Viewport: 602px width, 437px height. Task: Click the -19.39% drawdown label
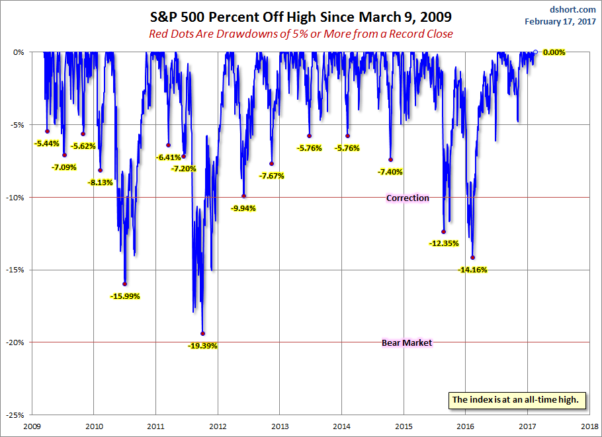click(202, 346)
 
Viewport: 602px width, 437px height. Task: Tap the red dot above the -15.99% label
click(125, 284)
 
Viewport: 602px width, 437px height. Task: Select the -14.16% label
click(472, 270)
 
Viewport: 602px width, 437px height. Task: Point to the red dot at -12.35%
click(443, 231)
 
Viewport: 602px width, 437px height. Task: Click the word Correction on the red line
click(408, 198)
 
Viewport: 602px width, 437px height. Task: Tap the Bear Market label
click(407, 342)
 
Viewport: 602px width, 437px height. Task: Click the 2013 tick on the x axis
click(280, 426)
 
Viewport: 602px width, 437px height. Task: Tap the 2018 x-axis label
click(589, 426)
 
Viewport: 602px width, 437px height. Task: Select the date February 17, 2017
click(560, 21)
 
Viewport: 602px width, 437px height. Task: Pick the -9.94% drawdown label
click(243, 208)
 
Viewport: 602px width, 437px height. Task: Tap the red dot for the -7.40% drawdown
click(390, 159)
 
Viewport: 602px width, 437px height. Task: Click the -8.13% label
click(101, 182)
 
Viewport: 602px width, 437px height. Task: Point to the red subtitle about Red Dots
click(300, 34)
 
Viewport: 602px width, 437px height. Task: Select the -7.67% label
click(272, 176)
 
